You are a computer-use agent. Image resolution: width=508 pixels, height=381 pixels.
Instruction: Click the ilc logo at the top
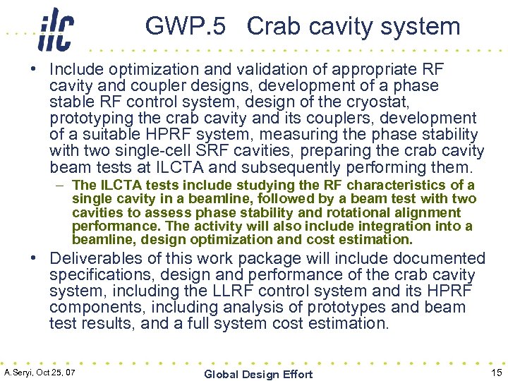tap(56, 29)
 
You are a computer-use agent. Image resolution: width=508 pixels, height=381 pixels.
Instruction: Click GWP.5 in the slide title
tap(186, 26)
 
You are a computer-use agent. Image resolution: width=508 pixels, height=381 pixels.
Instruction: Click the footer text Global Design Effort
tap(258, 374)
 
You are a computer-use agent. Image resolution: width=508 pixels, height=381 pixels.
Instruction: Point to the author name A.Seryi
tap(21, 372)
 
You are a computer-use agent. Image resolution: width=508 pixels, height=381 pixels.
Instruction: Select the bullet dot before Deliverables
tap(34, 258)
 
